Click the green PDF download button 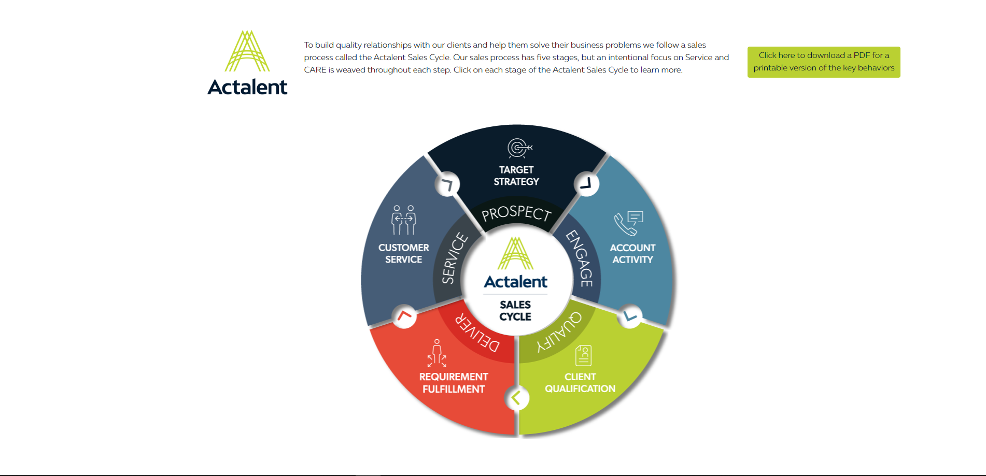(x=823, y=62)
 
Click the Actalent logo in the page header (x=247, y=63)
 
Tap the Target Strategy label (x=516, y=176)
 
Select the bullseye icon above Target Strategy (x=519, y=148)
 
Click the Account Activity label (x=632, y=254)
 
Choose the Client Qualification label (x=580, y=383)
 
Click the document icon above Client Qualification (x=583, y=355)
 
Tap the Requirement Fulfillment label (x=454, y=383)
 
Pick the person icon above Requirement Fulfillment (x=436, y=353)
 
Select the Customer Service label (x=403, y=254)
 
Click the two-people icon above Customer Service (x=403, y=220)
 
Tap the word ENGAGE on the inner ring (x=581, y=258)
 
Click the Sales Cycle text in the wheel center (x=515, y=310)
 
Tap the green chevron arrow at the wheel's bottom (x=516, y=398)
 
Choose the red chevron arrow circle (x=404, y=315)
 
